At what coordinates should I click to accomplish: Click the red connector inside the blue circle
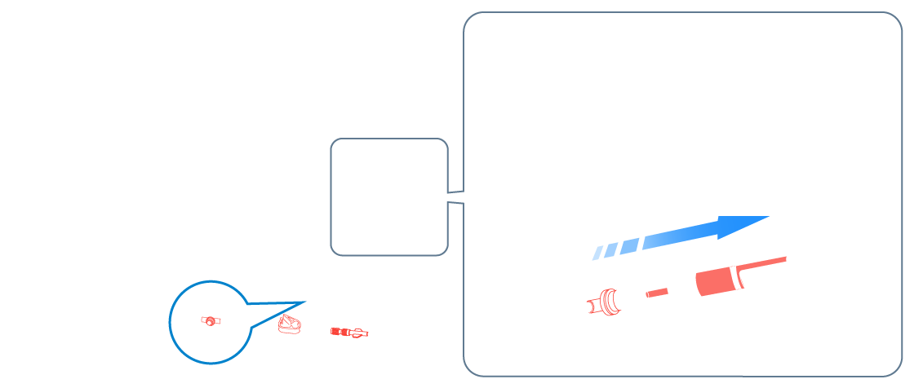coord(211,320)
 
